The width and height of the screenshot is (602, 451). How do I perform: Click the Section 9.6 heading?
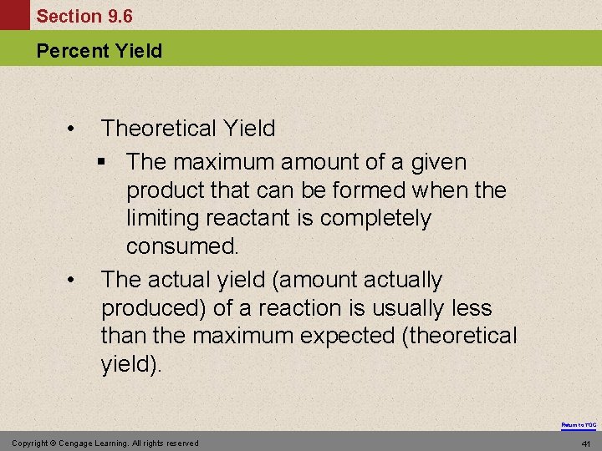tap(84, 17)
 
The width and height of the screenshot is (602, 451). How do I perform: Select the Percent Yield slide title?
tap(99, 51)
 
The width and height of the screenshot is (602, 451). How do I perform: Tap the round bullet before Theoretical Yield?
tap(73, 129)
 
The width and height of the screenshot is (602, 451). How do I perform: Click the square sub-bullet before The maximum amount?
tap(110, 162)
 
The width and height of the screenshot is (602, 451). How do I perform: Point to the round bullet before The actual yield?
tap(73, 280)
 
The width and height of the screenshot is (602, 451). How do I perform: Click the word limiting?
tap(158, 219)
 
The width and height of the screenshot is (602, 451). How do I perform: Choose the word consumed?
tap(182, 247)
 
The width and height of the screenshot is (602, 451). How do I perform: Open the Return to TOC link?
tap(579, 425)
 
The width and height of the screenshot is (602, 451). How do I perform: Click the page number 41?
tap(586, 443)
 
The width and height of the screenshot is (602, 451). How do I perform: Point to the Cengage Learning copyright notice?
tap(105, 443)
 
